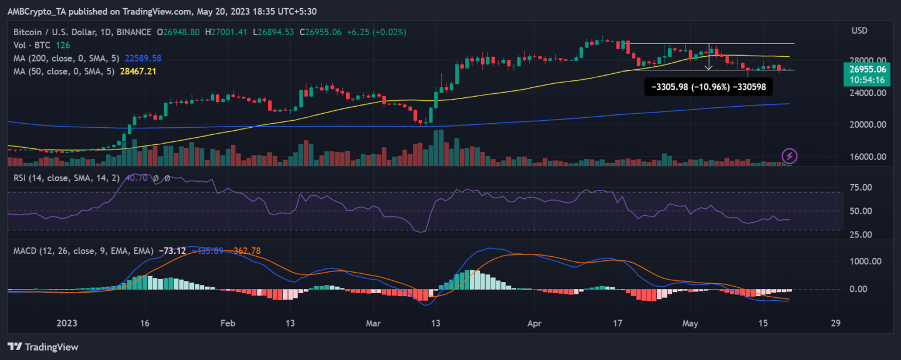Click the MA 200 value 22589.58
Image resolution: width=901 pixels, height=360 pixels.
coord(144,58)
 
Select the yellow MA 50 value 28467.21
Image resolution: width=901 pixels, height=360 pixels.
coord(140,71)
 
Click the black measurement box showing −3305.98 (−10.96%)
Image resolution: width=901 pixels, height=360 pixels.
coord(708,87)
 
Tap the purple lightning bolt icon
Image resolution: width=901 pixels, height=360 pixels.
coord(790,155)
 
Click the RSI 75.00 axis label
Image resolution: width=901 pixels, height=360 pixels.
coord(863,188)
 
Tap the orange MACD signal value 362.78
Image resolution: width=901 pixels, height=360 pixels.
coord(246,251)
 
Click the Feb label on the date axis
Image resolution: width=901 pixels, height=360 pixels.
coord(228,323)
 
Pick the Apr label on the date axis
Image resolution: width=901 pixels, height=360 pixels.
coord(534,323)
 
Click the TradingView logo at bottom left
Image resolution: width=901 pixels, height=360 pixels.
coord(43,347)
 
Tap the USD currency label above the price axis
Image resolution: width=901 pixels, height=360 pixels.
coord(859,29)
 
